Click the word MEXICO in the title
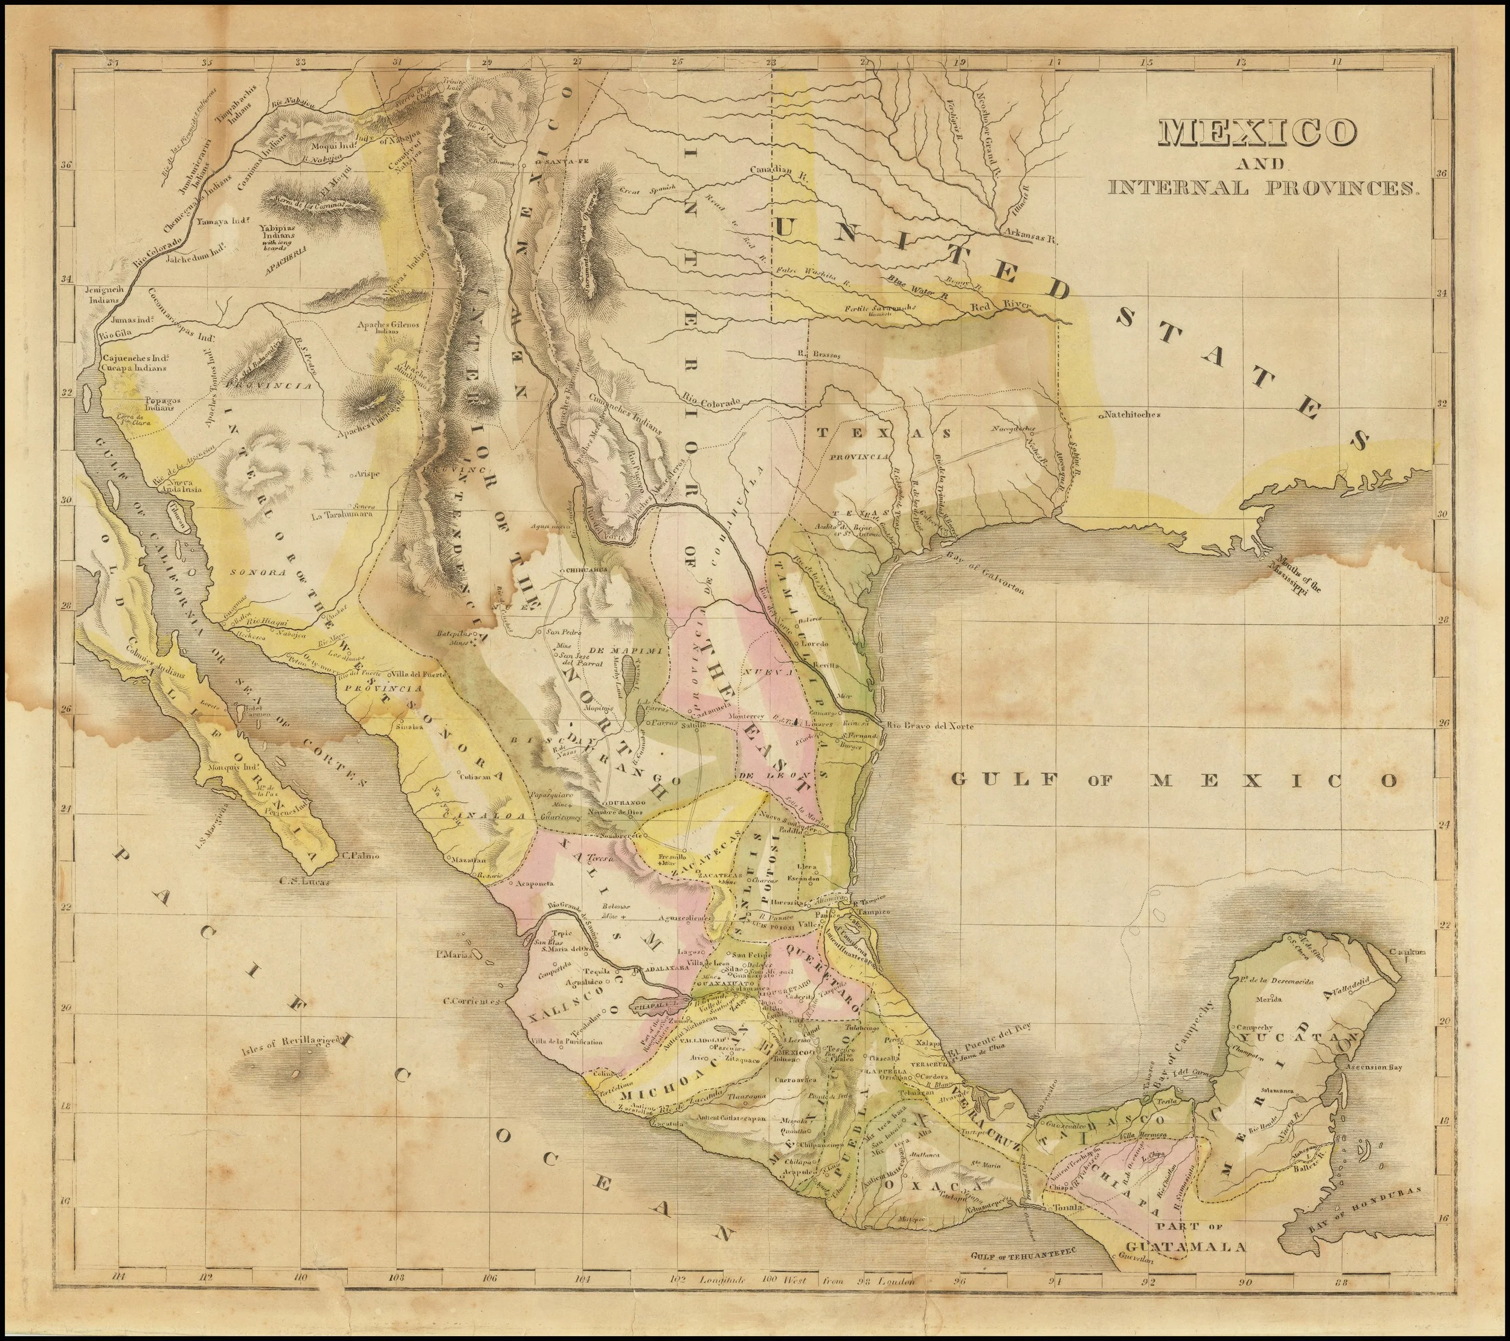pyautogui.click(x=1258, y=133)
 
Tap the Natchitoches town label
pyautogui.click(x=1132, y=415)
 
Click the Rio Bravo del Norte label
pyautogui.click(x=930, y=726)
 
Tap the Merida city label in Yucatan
pyautogui.click(x=1272, y=1000)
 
